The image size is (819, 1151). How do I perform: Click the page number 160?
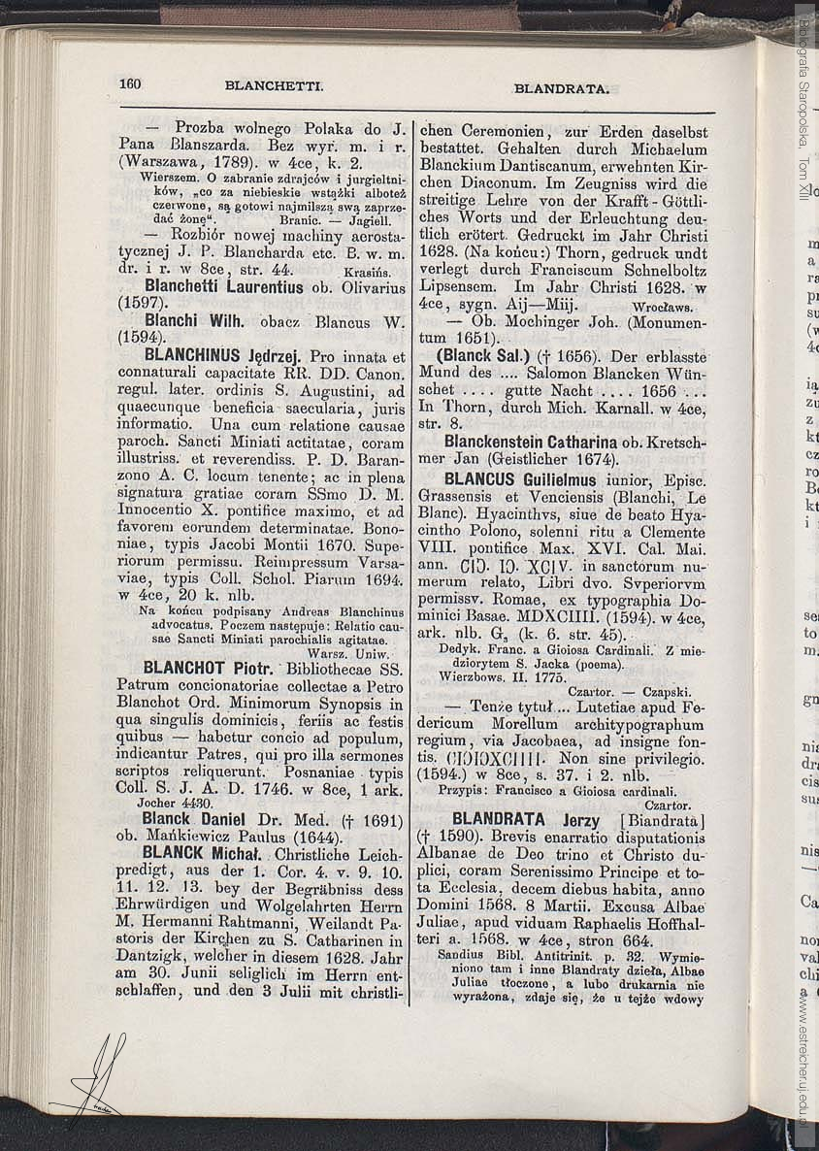coord(130,83)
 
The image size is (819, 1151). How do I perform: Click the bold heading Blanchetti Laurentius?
coord(224,287)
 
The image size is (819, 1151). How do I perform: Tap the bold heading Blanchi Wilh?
coord(201,321)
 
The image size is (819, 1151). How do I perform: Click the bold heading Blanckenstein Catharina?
coord(526,443)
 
